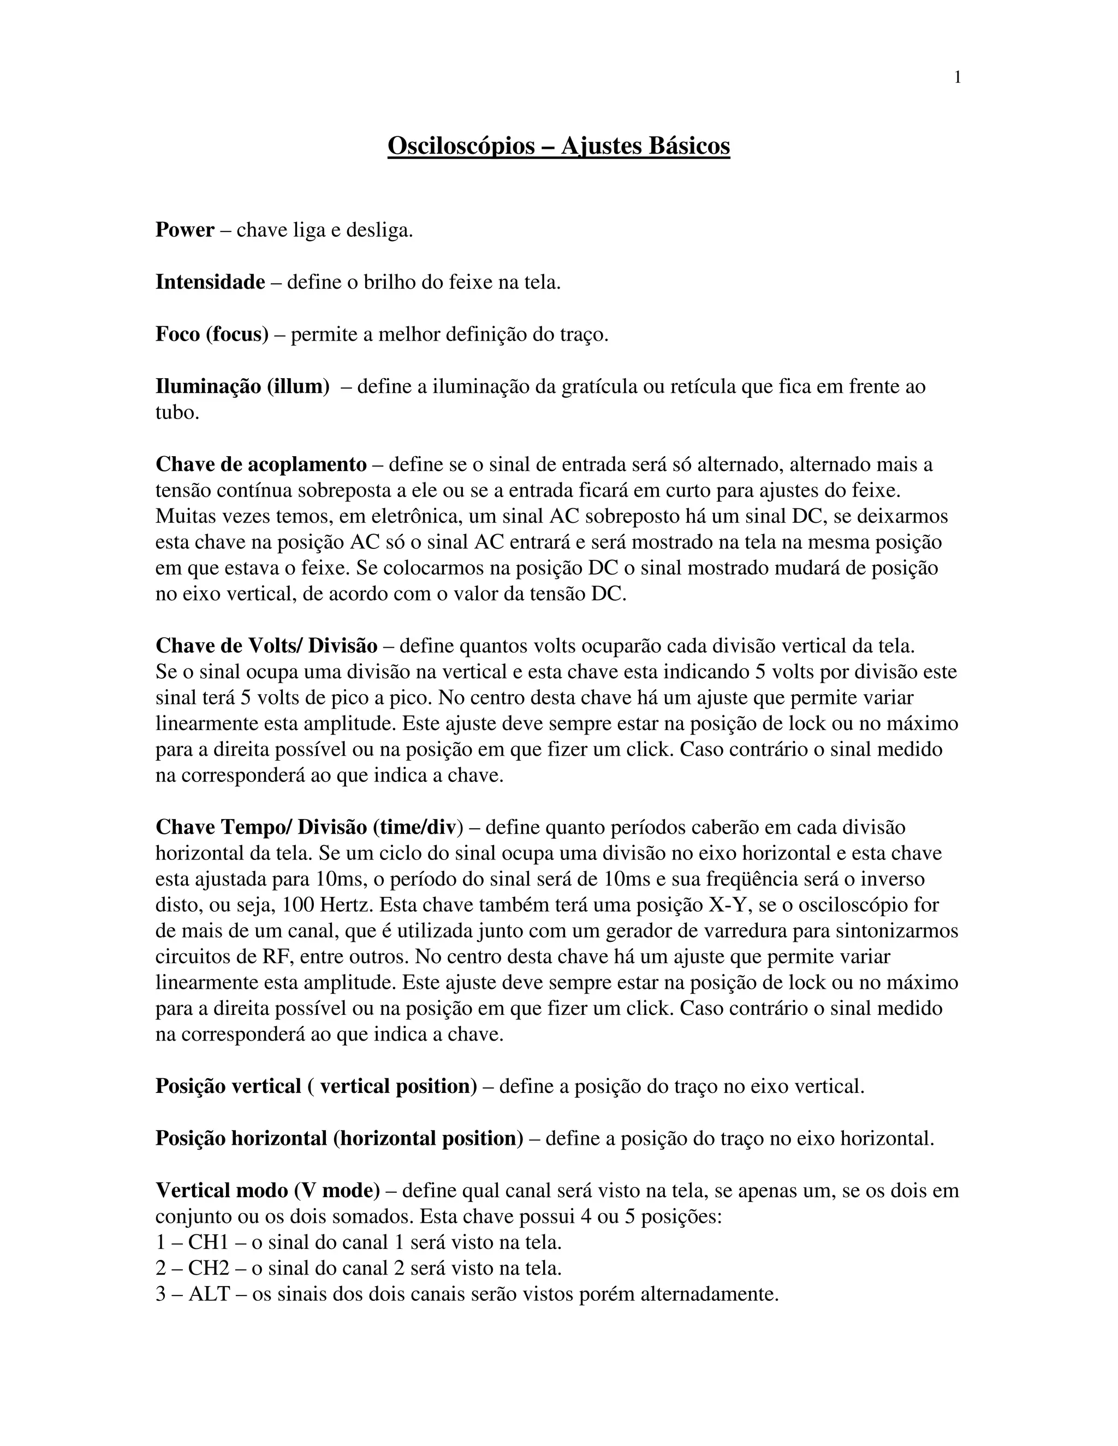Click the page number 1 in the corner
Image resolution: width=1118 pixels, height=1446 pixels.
coord(957,78)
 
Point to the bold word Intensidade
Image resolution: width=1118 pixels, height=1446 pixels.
coord(210,282)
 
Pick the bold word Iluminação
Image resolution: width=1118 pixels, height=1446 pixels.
coord(208,386)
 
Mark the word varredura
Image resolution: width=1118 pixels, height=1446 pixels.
coord(751,931)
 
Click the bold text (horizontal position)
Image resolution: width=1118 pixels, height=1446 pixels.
coord(428,1138)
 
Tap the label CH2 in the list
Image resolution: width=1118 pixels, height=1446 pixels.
coord(208,1268)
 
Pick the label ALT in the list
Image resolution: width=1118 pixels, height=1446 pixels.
coord(209,1294)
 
